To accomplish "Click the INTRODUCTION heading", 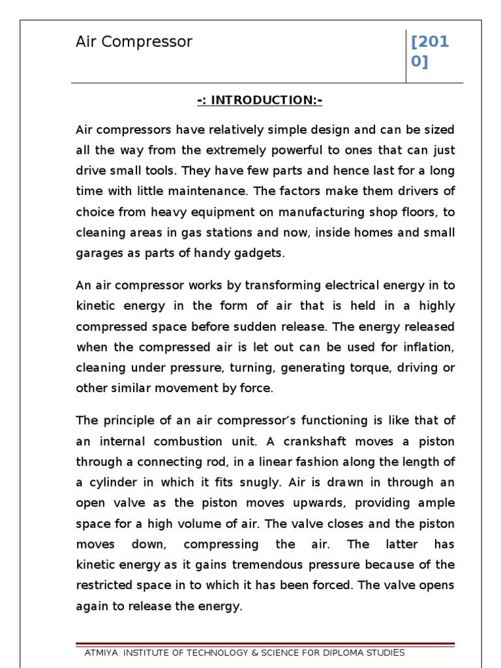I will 260,100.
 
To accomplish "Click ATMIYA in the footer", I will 103,653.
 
